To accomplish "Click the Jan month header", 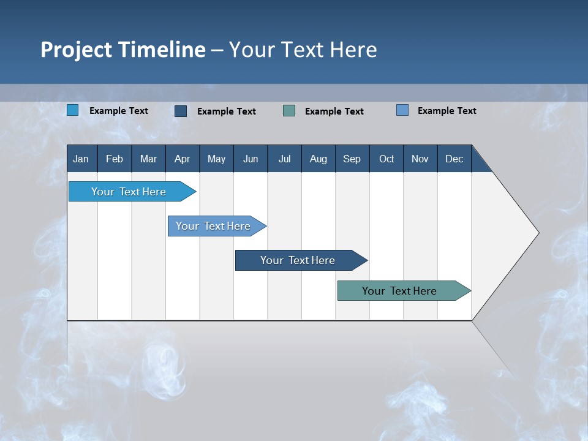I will (x=81, y=159).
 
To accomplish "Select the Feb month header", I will (x=115, y=159).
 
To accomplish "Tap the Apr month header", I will (x=182, y=159).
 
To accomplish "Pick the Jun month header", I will (x=251, y=159).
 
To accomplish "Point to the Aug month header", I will (x=318, y=159).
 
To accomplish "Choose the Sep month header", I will (x=352, y=159).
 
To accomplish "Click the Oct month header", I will (x=386, y=159).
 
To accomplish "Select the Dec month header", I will (x=454, y=159).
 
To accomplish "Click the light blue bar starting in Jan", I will (x=129, y=192).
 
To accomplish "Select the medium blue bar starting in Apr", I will (x=213, y=226).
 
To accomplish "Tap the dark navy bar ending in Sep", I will (x=298, y=260).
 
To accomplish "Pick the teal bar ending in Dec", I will (x=399, y=291).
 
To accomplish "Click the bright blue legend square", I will (x=73, y=110).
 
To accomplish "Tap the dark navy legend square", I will (x=181, y=111).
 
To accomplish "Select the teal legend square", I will (x=289, y=111).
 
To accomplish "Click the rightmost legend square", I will (x=402, y=110).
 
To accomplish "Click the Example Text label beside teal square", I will (x=334, y=111).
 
